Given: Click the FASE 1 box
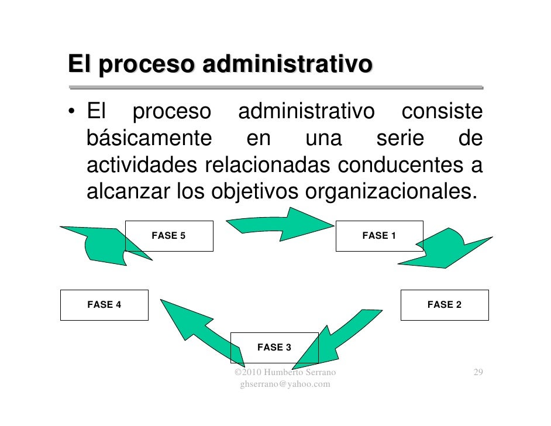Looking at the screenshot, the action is click(x=379, y=236).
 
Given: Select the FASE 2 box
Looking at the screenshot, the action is click(x=445, y=304).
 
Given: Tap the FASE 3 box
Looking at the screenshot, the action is click(x=274, y=348).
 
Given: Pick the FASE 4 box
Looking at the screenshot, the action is click(x=104, y=304).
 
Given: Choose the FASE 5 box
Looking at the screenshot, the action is click(x=168, y=236).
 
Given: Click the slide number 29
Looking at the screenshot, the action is click(x=478, y=373).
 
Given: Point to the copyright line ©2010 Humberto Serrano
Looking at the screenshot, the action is click(x=285, y=373).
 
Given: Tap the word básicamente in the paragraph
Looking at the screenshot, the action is click(x=149, y=139).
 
